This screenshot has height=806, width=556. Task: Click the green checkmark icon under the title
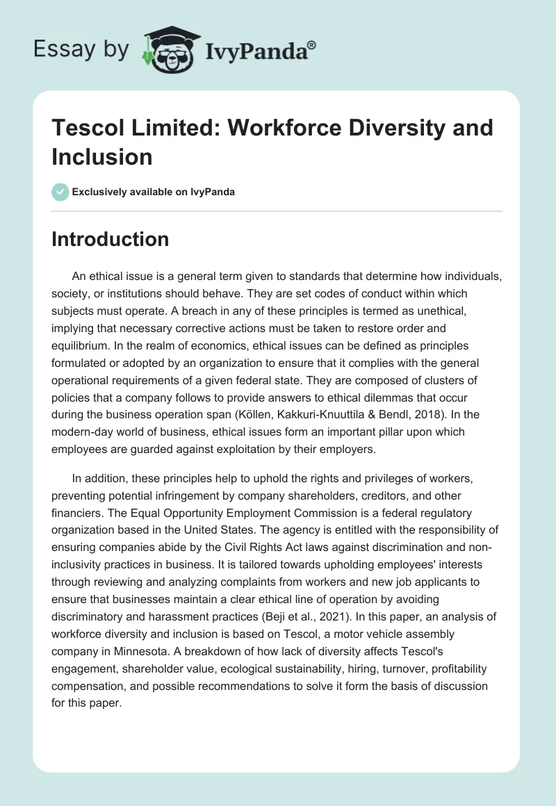point(60,192)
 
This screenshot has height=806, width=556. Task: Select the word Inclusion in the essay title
point(102,156)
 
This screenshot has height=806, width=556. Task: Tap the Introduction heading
point(110,239)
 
